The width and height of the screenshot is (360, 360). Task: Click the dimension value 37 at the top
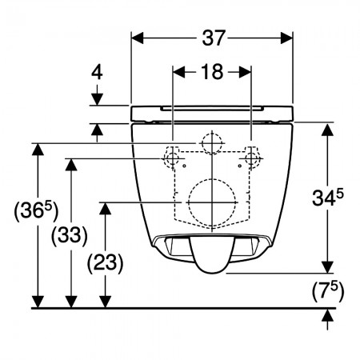(214, 38)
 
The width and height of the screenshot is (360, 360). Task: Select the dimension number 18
(212, 72)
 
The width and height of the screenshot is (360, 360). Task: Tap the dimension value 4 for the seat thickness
(97, 72)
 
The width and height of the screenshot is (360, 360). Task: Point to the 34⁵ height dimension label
(328, 197)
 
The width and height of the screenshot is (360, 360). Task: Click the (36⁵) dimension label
(36, 211)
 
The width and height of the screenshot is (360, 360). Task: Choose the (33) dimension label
(70, 235)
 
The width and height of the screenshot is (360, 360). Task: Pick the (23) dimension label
(105, 263)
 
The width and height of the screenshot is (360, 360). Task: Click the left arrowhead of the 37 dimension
(138, 38)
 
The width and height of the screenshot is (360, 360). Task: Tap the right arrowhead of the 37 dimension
(287, 38)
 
